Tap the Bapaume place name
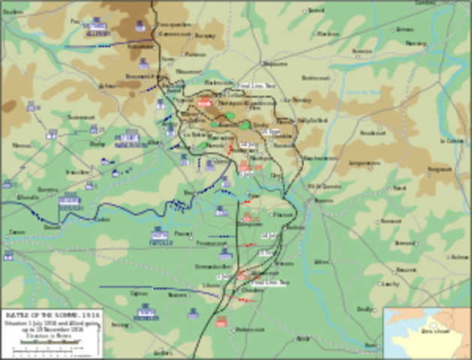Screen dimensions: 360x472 pyautogui.click(x=276, y=64)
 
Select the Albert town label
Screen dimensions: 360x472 pyautogui.click(x=155, y=141)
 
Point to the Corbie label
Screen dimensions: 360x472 pyautogui.click(x=102, y=219)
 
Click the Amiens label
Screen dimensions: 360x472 pyautogui.click(x=16, y=232)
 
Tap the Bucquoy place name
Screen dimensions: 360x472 pyautogui.click(x=204, y=35)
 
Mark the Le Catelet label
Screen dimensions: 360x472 pyautogui.click(x=452, y=140)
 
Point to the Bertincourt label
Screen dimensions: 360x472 pyautogui.click(x=316, y=77)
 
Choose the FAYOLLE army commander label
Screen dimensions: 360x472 pyautogui.click(x=158, y=235)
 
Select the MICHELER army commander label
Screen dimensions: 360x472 pyautogui.click(x=147, y=313)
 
